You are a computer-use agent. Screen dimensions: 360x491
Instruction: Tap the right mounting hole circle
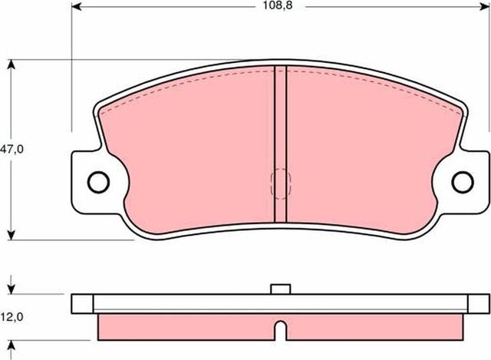[462, 182]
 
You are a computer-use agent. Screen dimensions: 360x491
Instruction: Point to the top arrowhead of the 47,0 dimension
[12, 64]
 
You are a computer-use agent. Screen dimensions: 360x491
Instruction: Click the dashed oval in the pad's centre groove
[281, 184]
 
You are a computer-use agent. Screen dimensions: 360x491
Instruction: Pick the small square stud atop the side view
[281, 289]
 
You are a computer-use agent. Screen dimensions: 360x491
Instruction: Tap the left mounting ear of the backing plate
[88, 182]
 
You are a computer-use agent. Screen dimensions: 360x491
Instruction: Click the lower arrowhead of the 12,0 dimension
[12, 342]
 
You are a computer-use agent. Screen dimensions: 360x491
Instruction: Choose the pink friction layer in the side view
[192, 326]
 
